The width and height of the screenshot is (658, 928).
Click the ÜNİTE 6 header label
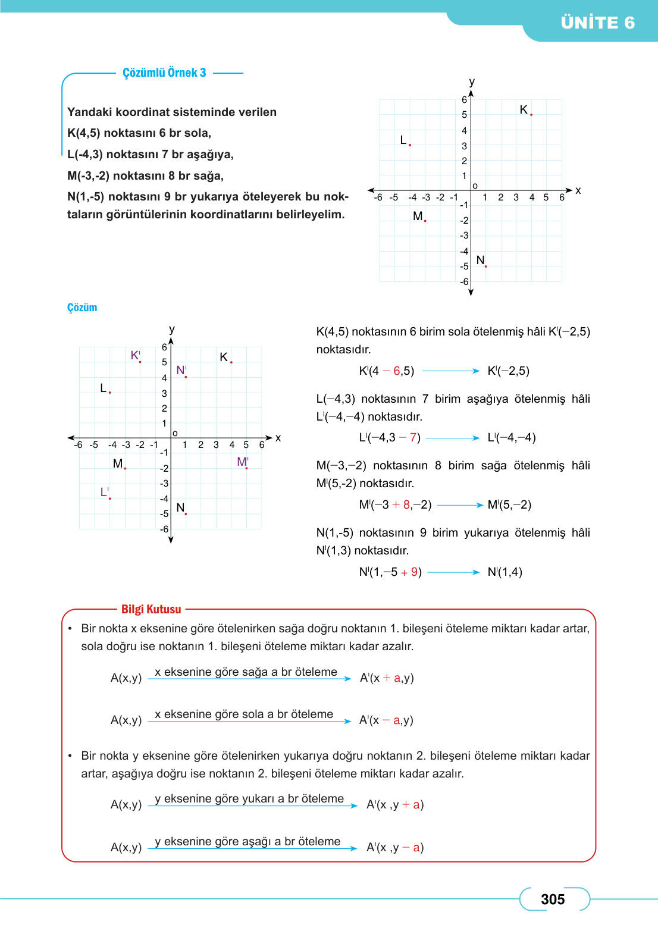(597, 23)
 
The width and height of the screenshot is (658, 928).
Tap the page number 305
(553, 899)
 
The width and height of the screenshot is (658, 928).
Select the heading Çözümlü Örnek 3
(164, 73)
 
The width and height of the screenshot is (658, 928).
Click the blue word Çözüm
(82, 308)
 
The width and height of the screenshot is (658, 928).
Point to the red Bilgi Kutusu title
(151, 609)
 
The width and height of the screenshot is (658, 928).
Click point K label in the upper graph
(524, 109)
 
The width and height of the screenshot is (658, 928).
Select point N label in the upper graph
(480, 260)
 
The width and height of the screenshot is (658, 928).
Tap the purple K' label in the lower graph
(135, 355)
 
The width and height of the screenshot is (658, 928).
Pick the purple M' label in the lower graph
(242, 462)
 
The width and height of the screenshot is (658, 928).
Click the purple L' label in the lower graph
(104, 492)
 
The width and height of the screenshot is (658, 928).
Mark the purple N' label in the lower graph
(181, 370)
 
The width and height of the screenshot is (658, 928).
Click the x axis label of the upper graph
(578, 190)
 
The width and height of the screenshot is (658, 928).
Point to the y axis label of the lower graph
(172, 329)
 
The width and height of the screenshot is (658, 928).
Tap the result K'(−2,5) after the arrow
(508, 371)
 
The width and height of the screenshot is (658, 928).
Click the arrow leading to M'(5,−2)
(459, 505)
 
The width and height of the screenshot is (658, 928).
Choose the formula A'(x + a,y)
(387, 678)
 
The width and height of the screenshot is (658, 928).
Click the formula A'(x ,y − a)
(395, 847)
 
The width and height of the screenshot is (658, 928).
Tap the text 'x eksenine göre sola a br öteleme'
(244, 714)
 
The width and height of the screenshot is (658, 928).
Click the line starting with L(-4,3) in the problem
(151, 154)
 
